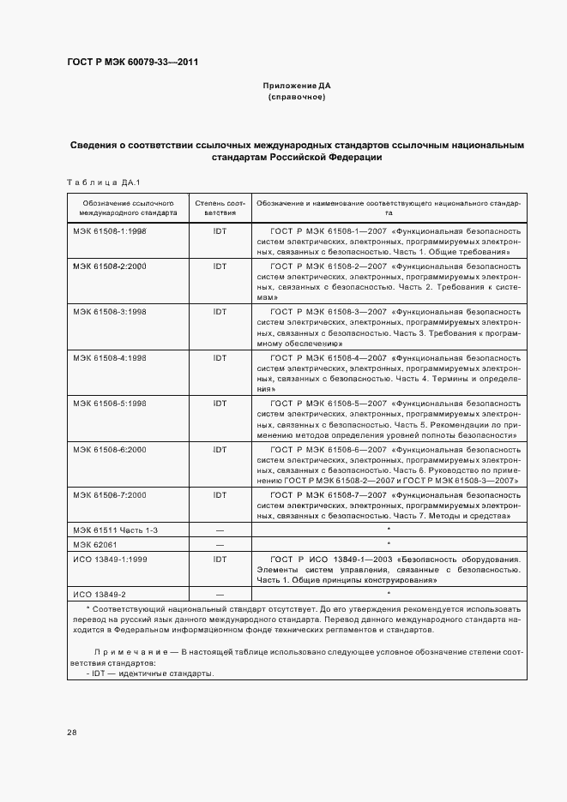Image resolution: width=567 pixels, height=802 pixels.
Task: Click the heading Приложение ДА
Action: pos(296,87)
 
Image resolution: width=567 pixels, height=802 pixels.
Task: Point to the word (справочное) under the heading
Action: pos(296,98)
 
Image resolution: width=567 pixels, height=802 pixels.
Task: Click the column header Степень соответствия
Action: pos(220,206)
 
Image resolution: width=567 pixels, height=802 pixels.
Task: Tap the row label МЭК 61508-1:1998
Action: pos(110,231)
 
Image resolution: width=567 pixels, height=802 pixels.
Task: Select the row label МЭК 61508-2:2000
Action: pos(110,266)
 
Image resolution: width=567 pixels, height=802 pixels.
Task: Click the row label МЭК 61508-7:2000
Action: pos(110,495)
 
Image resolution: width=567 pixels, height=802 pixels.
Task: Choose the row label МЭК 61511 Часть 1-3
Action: pos(115,530)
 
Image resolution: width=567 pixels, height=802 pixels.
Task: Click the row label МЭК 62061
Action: pos(92,544)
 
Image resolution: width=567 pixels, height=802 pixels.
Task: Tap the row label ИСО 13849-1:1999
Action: pos(109,558)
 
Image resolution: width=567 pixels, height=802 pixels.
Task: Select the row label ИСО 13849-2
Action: pos(100,594)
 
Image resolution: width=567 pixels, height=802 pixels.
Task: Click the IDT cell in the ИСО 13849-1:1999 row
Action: pos(220,558)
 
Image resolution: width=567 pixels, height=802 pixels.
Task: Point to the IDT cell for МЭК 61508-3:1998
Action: pos(220,312)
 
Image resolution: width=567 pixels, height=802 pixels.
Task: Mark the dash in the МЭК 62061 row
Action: pos(220,544)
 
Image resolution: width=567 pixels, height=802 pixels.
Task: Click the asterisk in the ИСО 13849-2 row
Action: pos(389,593)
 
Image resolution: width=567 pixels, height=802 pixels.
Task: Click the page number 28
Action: pos(72,733)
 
